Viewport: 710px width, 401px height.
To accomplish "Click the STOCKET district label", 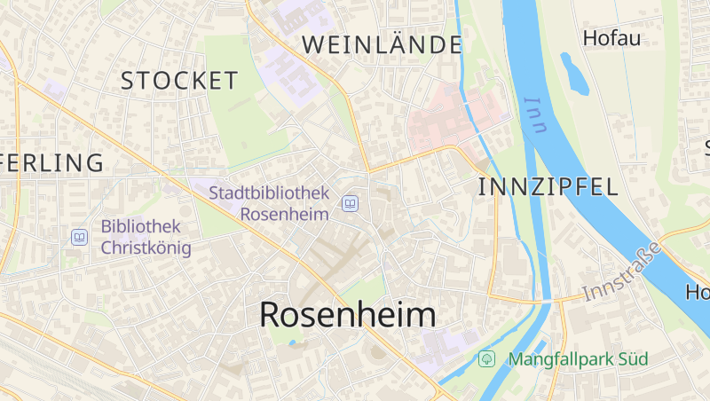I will [179, 81].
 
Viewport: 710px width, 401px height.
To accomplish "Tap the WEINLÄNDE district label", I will [382, 44].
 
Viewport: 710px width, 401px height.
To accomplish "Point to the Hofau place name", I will [611, 38].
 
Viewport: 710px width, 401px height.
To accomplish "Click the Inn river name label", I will [535, 115].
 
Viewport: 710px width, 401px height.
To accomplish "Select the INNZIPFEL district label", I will [548, 186].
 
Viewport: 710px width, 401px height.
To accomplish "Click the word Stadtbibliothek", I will [269, 193].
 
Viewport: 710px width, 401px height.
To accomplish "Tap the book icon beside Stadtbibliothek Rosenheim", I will [351, 205].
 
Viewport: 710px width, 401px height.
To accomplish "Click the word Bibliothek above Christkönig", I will [140, 226].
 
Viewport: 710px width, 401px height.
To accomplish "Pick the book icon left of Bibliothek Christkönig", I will [79, 237].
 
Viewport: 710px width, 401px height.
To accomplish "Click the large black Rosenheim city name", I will [347, 315].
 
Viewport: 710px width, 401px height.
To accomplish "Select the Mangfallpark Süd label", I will [578, 359].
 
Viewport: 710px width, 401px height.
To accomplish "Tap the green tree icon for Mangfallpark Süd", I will [486, 359].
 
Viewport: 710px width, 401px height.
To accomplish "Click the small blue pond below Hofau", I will [574, 73].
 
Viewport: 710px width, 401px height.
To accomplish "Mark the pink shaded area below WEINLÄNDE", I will [453, 115].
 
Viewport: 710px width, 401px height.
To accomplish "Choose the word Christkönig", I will [146, 247].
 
